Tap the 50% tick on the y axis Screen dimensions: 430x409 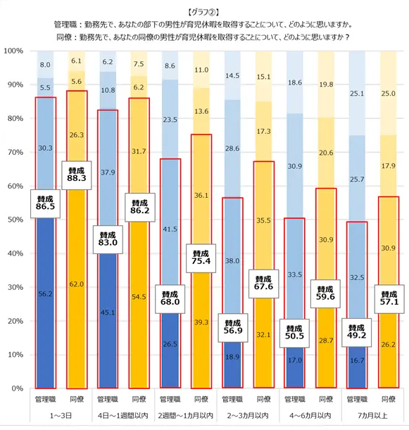click(x=15, y=220)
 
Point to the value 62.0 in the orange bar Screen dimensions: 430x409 click(x=77, y=284)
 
